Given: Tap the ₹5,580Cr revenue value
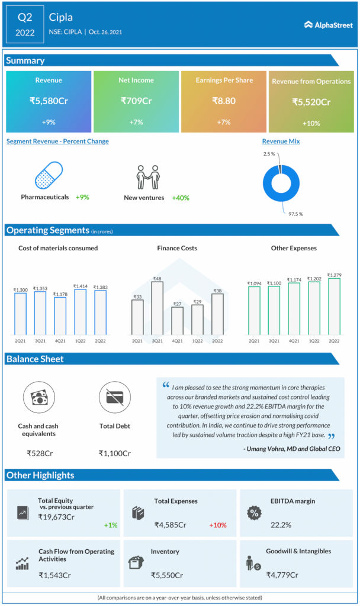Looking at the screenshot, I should [49, 101].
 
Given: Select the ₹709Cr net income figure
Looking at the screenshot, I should [136, 101].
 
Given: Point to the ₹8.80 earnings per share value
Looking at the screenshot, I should [224, 101].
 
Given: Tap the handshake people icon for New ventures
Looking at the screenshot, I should [148, 177].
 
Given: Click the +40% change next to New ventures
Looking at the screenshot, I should [181, 198].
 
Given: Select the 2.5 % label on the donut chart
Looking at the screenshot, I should [269, 154].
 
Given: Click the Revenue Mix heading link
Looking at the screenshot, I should [281, 141].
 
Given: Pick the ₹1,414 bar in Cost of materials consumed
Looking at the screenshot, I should [80, 311].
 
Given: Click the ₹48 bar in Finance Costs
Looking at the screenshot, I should [157, 307].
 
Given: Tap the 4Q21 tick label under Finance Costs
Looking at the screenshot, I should [177, 341].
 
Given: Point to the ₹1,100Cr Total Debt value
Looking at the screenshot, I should [115, 453].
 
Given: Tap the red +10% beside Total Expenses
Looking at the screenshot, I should [217, 525].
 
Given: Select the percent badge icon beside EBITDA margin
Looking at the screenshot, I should [253, 512].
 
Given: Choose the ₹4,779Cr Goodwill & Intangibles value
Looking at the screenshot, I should [282, 575].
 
